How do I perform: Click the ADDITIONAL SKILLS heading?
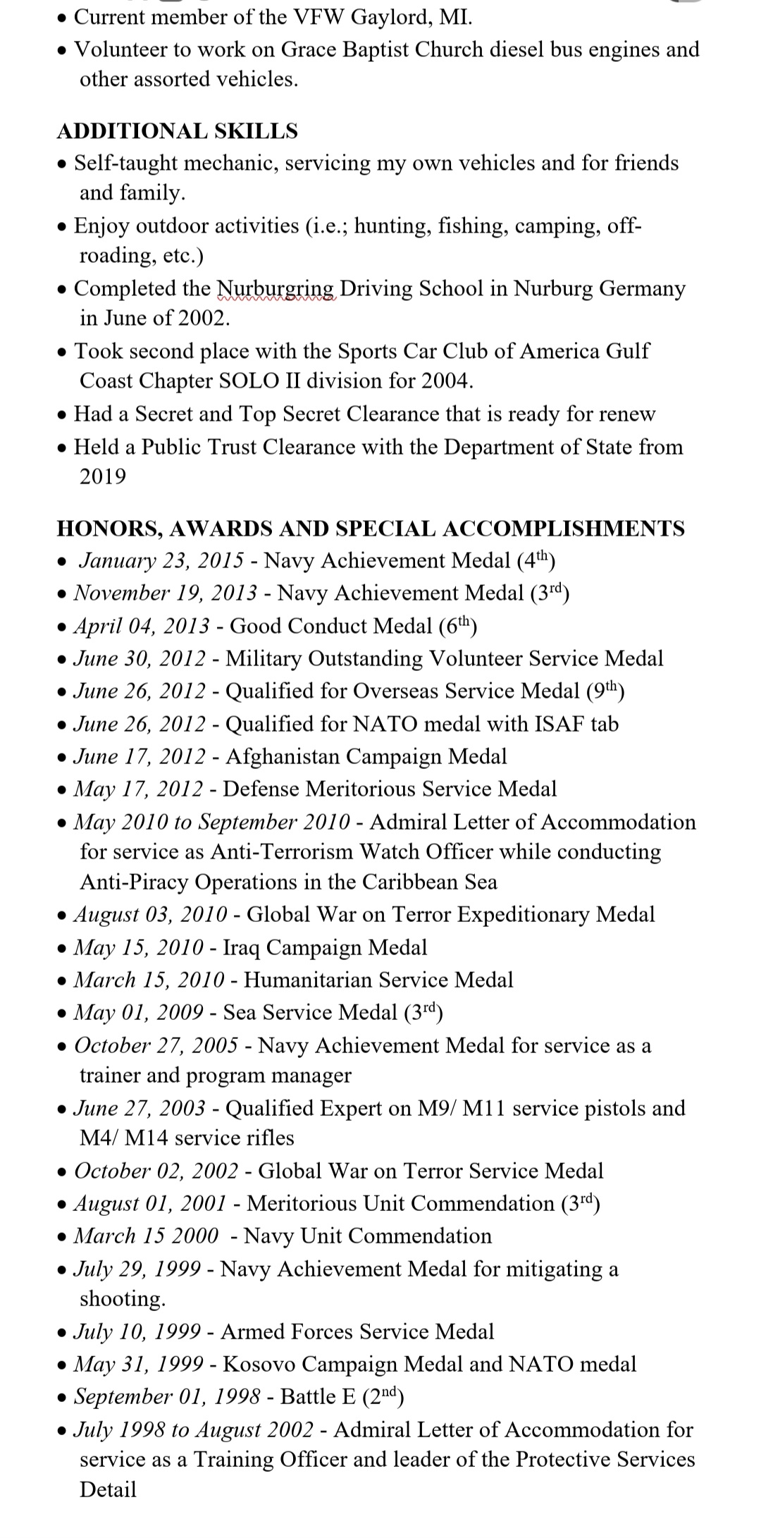tap(177, 131)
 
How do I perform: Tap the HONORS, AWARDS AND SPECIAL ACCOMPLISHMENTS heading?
tap(370, 529)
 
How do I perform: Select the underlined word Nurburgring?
tap(276, 288)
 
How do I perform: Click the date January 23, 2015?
tap(161, 560)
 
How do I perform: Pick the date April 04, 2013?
tap(142, 626)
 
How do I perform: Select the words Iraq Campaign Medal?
tap(325, 947)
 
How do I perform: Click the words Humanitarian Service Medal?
tap(378, 980)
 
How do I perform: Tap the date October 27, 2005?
tap(156, 1045)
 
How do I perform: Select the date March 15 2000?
tap(147, 1236)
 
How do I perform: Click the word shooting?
tap(122, 1298)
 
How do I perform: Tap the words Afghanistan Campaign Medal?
tap(366, 756)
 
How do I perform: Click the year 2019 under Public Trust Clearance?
tap(103, 476)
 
